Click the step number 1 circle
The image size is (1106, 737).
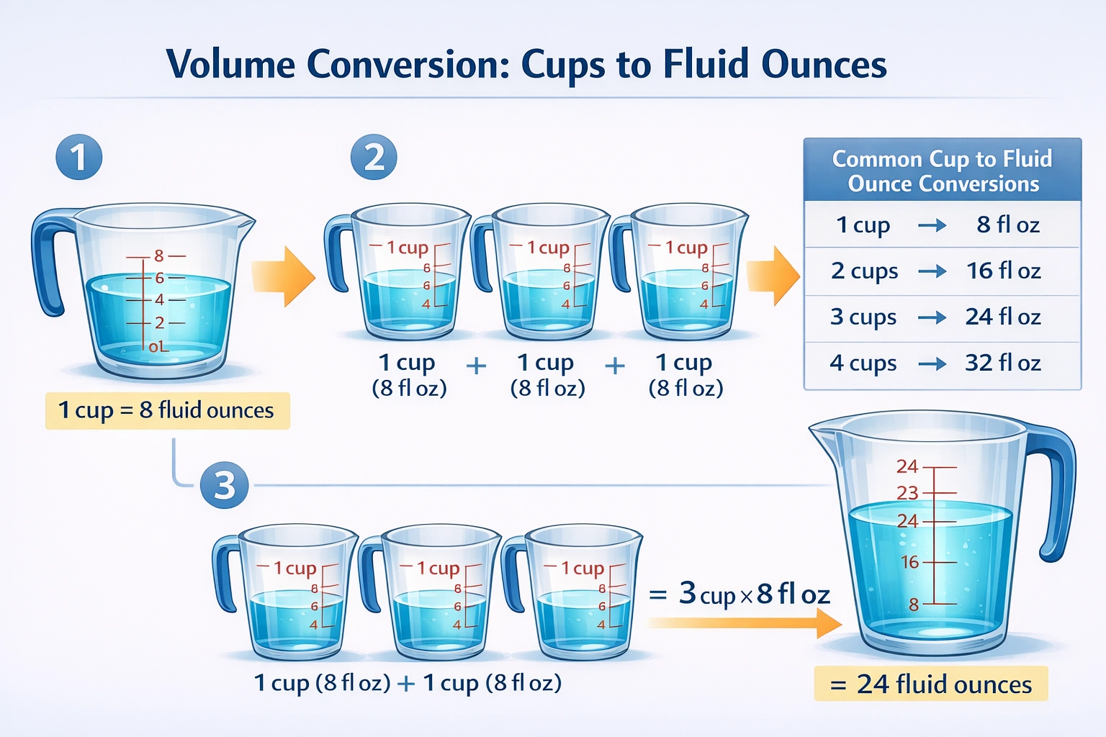coord(78,158)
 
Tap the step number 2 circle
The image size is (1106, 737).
coord(374,158)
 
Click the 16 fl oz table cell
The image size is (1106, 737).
coord(1003,271)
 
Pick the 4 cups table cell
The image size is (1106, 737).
coord(863,363)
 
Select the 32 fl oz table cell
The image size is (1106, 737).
coord(1003,363)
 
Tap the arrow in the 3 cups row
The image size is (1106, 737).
coord(932,317)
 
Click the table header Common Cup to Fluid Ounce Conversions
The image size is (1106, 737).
coord(942,171)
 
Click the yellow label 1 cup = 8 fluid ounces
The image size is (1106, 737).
coord(167,410)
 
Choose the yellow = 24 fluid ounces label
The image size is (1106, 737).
coord(931,684)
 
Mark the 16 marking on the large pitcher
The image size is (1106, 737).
coord(910,562)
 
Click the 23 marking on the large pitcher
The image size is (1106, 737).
coord(907,493)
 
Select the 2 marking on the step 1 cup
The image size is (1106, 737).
coord(159,323)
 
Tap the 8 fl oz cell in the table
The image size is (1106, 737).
coord(1007,225)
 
